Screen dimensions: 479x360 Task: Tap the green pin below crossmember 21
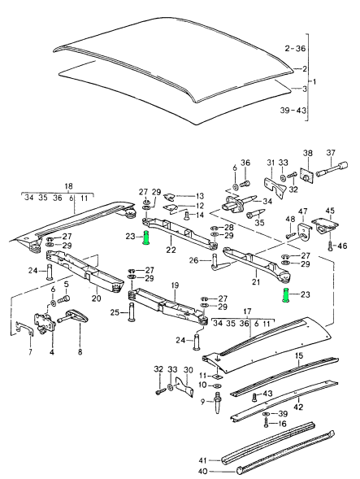point(286,294)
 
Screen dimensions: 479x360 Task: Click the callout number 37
point(331,153)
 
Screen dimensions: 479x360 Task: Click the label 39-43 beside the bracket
point(291,109)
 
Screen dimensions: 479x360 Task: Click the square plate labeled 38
point(307,176)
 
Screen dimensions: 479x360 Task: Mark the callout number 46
point(342,245)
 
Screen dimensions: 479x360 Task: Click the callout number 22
point(171,250)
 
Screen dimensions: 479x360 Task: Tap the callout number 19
point(174,285)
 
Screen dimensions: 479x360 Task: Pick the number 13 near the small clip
point(200,196)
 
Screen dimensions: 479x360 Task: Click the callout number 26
point(193,261)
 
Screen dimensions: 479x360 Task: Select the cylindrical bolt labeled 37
point(333,173)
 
